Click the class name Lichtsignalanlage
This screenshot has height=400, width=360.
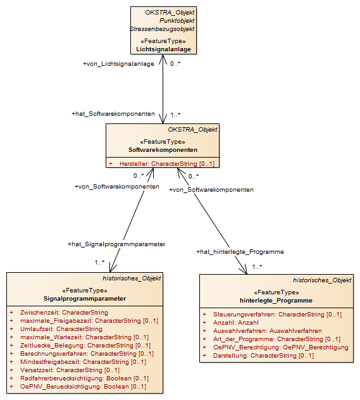[163, 49]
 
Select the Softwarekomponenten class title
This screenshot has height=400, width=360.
[163, 150]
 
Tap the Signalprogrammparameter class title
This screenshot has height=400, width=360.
[85, 299]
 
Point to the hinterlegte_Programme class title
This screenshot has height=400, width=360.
[276, 301]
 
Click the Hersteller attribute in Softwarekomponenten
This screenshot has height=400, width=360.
[167, 163]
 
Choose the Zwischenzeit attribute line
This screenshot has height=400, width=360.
[64, 313]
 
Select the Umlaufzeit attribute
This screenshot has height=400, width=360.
[61, 329]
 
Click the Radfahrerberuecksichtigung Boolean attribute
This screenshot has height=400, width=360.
[84, 378]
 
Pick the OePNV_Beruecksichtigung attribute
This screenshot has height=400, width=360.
[83, 387]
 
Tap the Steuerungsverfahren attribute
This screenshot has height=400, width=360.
[277, 315]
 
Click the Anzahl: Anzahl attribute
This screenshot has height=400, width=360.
[236, 323]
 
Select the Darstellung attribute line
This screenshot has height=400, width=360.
[263, 356]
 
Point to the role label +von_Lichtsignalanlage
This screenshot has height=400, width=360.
[118, 64]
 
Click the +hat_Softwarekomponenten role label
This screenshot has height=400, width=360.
[113, 114]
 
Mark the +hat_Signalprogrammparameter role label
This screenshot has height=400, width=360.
[116, 244]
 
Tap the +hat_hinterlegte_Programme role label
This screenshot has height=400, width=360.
[240, 252]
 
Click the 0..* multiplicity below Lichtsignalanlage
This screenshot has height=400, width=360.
[175, 63]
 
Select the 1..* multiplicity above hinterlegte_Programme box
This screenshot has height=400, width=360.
[257, 267]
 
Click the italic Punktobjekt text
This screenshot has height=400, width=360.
[177, 21]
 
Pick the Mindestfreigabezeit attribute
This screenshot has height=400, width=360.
[83, 362]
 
